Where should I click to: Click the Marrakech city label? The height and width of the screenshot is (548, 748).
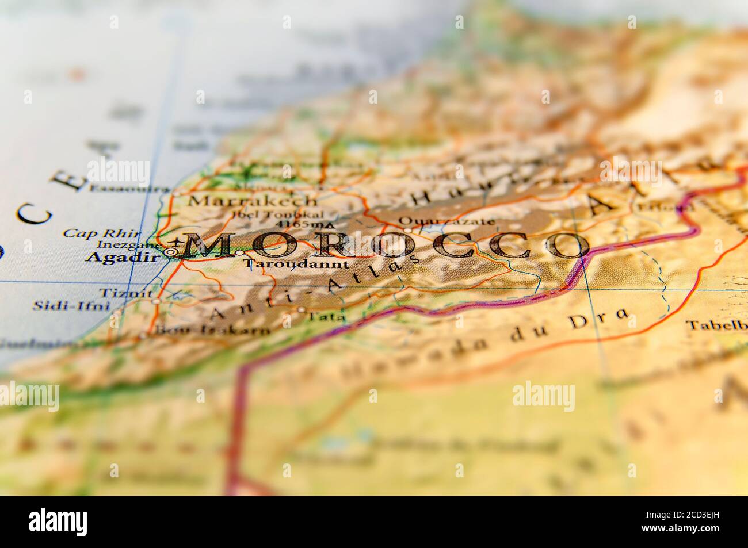pyautogui.click(x=253, y=201)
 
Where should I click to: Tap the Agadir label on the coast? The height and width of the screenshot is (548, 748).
pyautogui.click(x=121, y=258)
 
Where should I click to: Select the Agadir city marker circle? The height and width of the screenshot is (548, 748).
pyautogui.click(x=171, y=251)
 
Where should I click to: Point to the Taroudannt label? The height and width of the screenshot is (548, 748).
pyautogui.click(x=296, y=265)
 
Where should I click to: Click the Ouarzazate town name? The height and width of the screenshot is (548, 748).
pyautogui.click(x=446, y=221)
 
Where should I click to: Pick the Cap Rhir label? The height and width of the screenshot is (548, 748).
pyautogui.click(x=101, y=233)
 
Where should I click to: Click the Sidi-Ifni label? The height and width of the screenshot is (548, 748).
pyautogui.click(x=70, y=305)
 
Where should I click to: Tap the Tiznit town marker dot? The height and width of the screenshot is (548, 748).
pyautogui.click(x=157, y=301)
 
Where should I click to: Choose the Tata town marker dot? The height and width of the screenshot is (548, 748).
pyautogui.click(x=301, y=309)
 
